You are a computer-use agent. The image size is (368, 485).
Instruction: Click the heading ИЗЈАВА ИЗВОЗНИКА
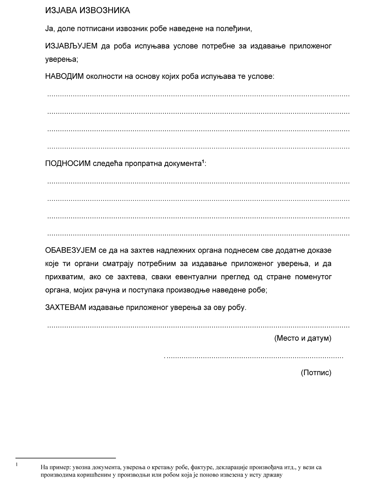(x=88, y=11)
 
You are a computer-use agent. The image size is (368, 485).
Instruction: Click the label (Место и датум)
(x=303, y=338)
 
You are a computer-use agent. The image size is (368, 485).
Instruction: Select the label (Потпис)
(x=316, y=373)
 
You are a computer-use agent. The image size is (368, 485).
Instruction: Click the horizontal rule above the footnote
(x=66, y=458)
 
